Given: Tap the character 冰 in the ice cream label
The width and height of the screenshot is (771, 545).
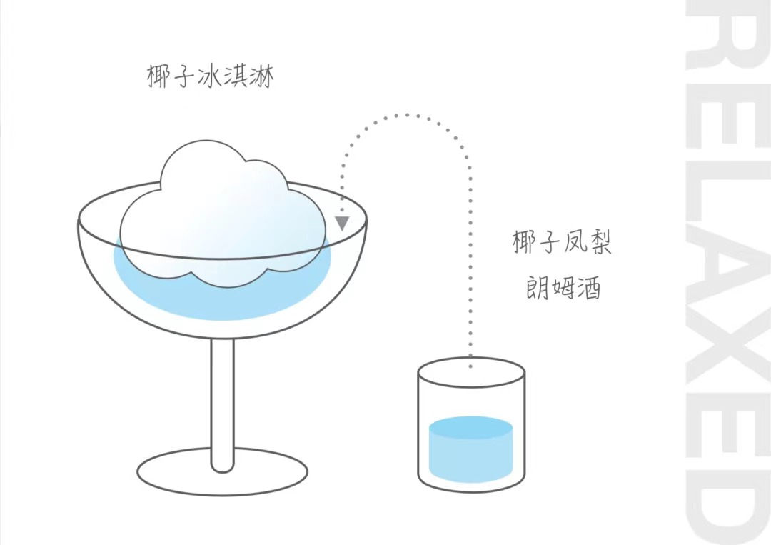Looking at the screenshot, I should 211,76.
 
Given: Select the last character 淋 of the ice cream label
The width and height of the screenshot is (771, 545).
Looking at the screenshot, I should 261,76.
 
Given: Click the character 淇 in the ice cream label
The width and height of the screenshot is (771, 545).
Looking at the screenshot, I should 236,76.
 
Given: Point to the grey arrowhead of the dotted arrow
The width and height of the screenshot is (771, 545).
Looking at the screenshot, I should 343,223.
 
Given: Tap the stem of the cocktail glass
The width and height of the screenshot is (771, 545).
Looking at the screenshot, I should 222,404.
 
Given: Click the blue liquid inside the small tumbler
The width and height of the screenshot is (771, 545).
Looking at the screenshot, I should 470,450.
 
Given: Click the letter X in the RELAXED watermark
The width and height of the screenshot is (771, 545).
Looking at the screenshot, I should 728,350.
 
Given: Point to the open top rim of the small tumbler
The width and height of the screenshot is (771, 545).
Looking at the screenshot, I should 471,371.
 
